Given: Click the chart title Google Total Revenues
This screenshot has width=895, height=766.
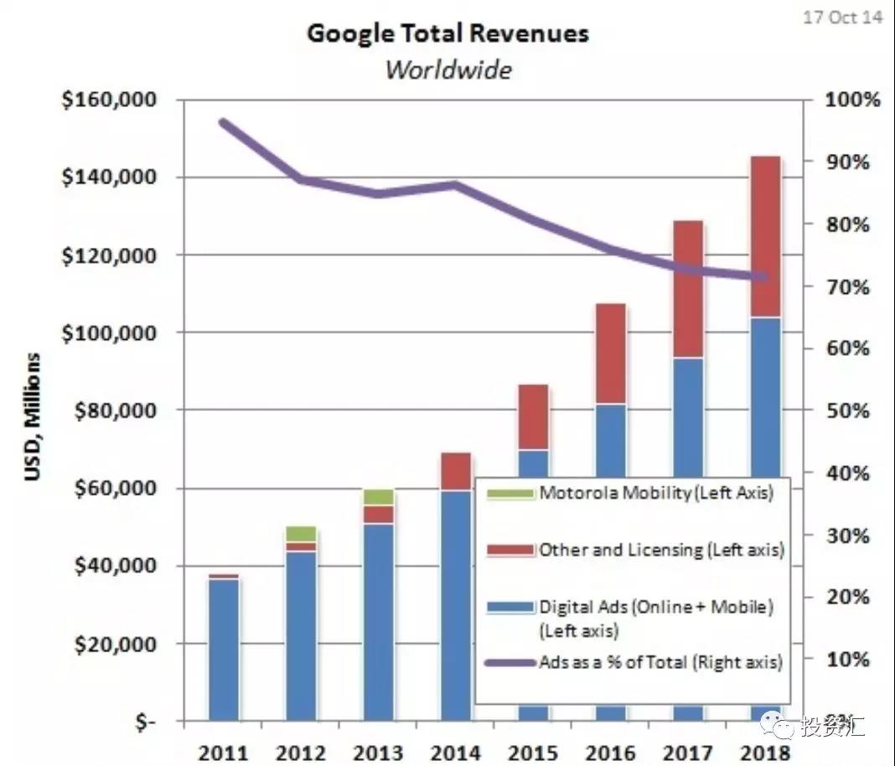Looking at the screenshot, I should [447, 33].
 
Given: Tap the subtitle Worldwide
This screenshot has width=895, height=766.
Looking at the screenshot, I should [447, 69].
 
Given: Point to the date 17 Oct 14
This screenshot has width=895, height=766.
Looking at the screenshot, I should [842, 17].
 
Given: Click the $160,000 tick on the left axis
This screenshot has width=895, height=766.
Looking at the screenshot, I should [109, 100].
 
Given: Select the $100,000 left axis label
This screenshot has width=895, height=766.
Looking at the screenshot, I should [109, 333].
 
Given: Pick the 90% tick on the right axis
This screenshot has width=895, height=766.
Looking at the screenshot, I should [848, 162].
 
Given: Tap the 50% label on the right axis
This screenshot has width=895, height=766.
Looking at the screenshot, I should [848, 411].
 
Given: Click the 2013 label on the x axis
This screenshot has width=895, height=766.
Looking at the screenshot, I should [379, 752].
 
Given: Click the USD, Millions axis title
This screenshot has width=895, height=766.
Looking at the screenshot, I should [32, 417].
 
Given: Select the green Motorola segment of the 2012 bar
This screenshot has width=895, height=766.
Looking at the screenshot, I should [302, 533].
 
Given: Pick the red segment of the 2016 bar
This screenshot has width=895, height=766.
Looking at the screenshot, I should [611, 353].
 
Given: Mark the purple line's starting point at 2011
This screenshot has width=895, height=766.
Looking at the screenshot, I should [224, 122].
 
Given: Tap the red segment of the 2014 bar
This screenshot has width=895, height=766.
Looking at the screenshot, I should [457, 471].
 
